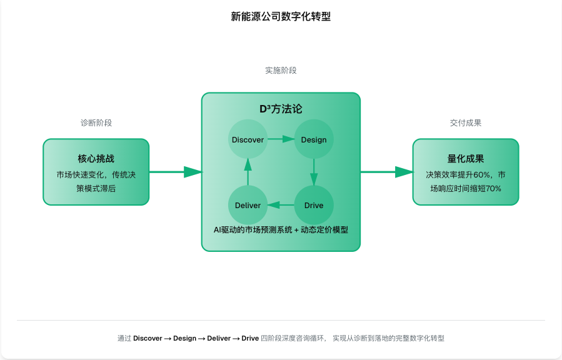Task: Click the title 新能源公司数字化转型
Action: (281, 17)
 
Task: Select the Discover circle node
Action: (248, 139)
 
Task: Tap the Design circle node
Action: (314, 139)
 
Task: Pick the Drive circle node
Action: (314, 205)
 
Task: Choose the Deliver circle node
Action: (248, 205)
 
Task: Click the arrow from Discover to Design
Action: (281, 139)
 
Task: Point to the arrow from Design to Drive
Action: (314, 172)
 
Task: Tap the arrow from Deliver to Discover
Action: (248, 172)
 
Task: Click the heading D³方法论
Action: (281, 109)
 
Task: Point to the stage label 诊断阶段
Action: (96, 123)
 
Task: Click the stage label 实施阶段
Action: (281, 71)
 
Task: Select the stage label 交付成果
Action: (466, 123)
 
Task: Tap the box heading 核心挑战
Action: (96, 159)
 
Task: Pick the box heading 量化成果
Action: (466, 159)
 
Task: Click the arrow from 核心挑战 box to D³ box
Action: (176, 172)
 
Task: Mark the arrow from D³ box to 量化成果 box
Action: (386, 172)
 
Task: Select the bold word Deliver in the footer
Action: (219, 338)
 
